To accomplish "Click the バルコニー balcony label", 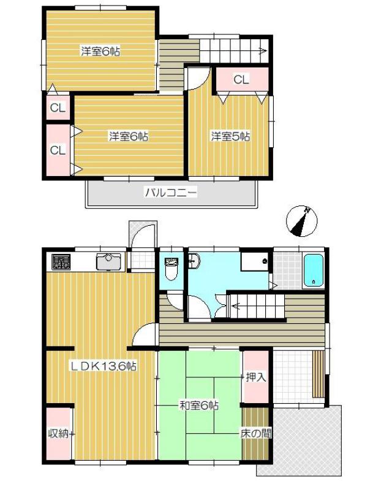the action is tap(171, 193).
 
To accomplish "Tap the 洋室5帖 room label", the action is tap(230, 136).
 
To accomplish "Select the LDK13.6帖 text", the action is tap(104, 366).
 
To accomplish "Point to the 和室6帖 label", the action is tap(198, 406).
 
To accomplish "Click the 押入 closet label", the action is tap(256, 377).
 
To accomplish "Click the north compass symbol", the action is tap(301, 221).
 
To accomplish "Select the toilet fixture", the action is tap(171, 269).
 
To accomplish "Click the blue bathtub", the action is tap(314, 270).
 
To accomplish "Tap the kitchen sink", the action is tap(109, 261).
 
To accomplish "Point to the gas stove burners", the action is tap(61, 262).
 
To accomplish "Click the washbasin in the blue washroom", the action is tap(195, 261).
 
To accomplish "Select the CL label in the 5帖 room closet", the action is tap(241, 80).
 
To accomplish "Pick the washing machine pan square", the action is tap(254, 261).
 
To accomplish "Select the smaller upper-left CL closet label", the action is tap(58, 108).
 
